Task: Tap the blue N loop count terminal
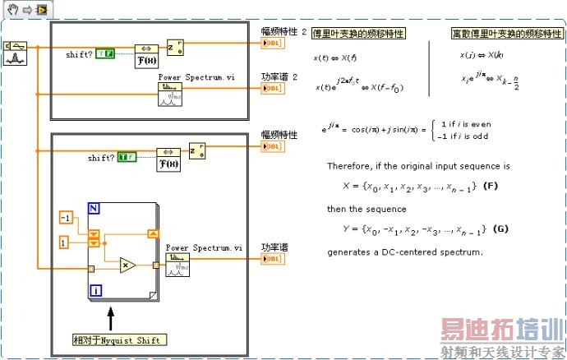pos(95,209)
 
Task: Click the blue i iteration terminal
pos(95,289)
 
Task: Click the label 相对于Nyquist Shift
pos(119,339)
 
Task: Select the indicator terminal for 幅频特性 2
pos(272,43)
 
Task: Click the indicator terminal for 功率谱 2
pos(272,91)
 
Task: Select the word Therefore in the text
pos(349,165)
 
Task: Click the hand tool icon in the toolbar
pos(11,8)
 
